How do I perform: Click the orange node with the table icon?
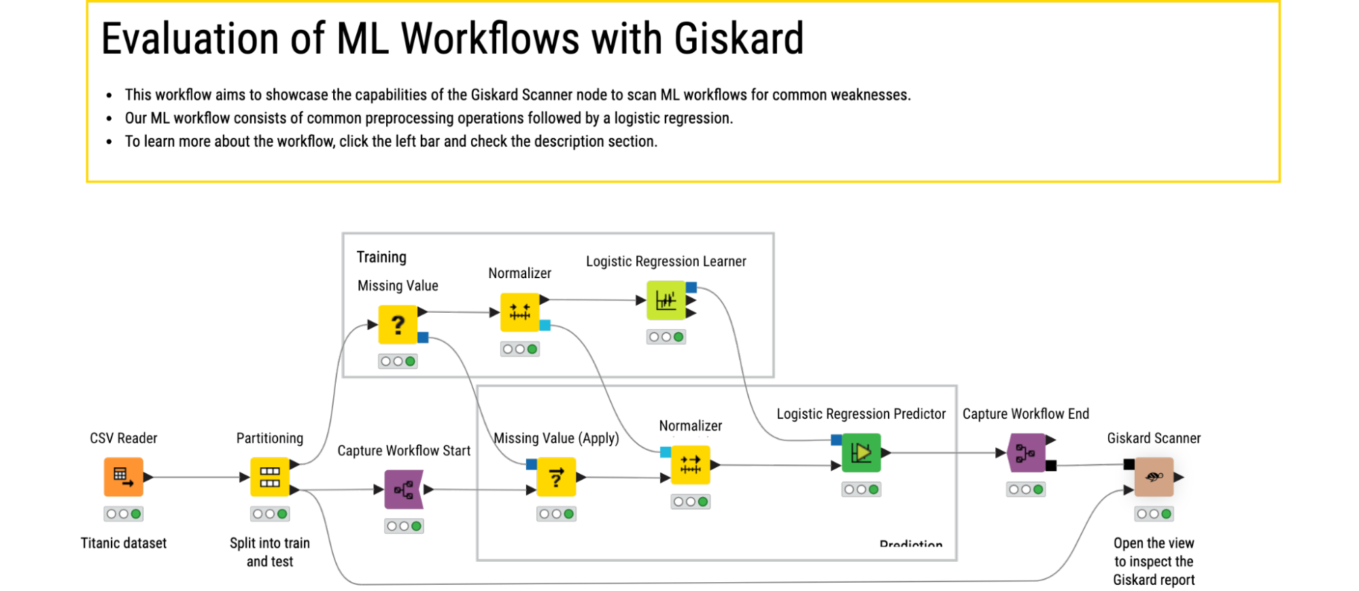pos(123,477)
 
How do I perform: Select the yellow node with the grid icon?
pos(270,477)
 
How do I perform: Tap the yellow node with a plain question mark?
pos(398,324)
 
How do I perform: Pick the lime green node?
pos(666,300)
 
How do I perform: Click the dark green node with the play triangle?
pos(861,452)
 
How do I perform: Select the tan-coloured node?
pos(1154,477)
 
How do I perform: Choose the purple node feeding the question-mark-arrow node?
pos(404,489)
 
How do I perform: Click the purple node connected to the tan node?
pos(1026,452)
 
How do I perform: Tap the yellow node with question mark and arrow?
pos(556,477)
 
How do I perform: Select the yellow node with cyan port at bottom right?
pos(519,312)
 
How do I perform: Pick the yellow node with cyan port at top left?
pos(691,465)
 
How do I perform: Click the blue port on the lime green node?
pos(691,287)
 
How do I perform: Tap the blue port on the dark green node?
pos(836,440)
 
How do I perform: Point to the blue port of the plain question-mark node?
pos(424,337)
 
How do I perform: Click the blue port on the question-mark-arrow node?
pos(531,465)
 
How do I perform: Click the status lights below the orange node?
pos(123,513)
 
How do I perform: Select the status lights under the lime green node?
pos(666,337)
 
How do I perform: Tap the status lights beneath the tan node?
pos(1154,513)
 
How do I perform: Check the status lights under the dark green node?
pos(861,489)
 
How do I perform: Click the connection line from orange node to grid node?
pos(197,477)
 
